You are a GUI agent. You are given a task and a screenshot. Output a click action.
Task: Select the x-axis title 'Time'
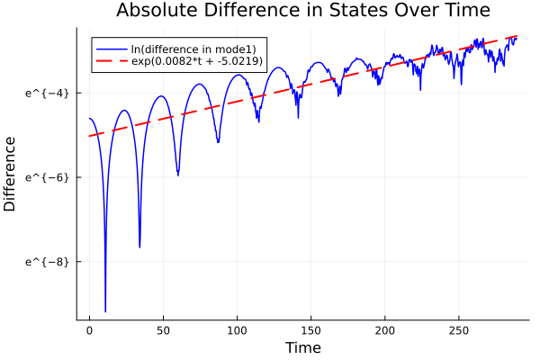coord(302,347)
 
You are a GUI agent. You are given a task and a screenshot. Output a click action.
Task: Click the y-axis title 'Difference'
coord(10,174)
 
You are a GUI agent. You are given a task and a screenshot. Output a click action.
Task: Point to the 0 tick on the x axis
coord(89,330)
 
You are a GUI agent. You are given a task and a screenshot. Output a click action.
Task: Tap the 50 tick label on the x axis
coord(163,330)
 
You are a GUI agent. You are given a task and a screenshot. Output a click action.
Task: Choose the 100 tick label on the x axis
coord(237,330)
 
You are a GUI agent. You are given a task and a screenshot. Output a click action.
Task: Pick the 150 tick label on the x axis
coord(310,330)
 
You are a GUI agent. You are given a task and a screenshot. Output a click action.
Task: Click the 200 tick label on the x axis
coord(384,330)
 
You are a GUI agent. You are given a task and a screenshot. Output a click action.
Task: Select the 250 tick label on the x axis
coord(458,330)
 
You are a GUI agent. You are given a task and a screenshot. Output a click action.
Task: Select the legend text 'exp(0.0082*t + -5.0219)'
coord(197,61)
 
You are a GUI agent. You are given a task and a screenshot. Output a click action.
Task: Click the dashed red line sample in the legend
coord(111,61)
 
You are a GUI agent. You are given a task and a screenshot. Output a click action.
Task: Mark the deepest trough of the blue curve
coord(105,310)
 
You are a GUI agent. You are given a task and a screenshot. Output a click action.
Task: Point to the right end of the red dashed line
coord(517,36)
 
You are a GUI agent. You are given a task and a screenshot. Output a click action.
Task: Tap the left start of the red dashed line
coord(90,136)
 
